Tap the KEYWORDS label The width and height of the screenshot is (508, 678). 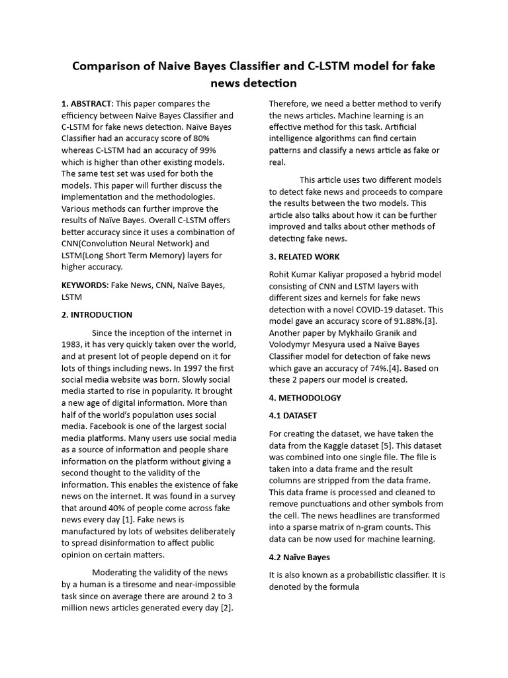tap(84, 285)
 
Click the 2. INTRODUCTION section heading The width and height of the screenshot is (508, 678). tap(97, 315)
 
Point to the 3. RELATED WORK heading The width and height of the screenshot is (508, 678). tap(304, 256)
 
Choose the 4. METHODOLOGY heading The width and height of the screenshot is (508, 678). tap(305, 398)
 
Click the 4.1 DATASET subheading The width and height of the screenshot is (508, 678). tap(293, 415)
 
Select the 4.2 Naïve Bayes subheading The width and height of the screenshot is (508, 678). tap(299, 557)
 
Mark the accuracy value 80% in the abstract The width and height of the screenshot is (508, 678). tap(200, 138)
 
